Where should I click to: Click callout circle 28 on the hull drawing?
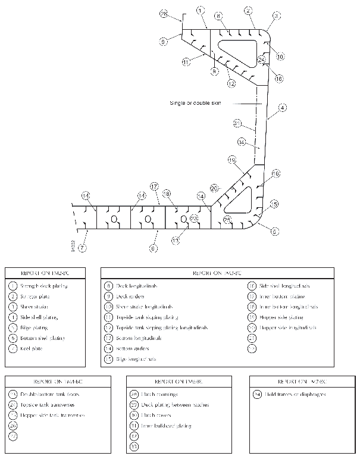165,14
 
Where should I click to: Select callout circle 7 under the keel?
83,247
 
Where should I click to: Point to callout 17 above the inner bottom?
154,186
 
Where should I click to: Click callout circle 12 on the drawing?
231,84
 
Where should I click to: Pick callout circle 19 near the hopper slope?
232,160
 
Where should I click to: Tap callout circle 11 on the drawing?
186,61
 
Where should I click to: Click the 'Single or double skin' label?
195,103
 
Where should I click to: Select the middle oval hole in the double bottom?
148,219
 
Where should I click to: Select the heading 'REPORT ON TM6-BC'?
176,381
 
